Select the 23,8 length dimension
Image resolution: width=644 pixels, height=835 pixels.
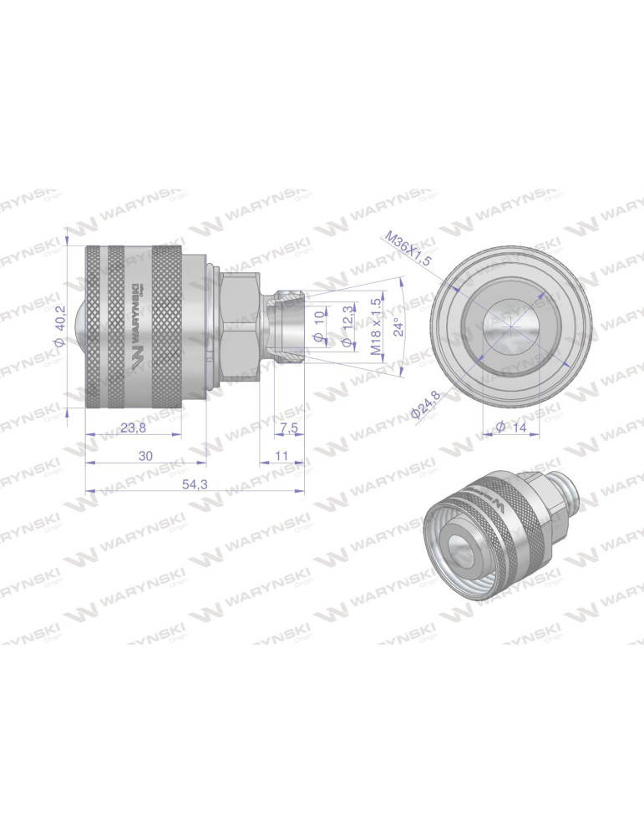coord(134,428)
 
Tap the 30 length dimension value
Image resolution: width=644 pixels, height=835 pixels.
coord(145,456)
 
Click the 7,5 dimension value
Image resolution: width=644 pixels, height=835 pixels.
coord(287,428)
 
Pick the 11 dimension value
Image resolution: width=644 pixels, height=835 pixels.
coord(281,456)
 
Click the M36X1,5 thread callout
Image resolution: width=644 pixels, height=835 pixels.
coord(408,249)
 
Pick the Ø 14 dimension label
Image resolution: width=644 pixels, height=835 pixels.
coord(511,427)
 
